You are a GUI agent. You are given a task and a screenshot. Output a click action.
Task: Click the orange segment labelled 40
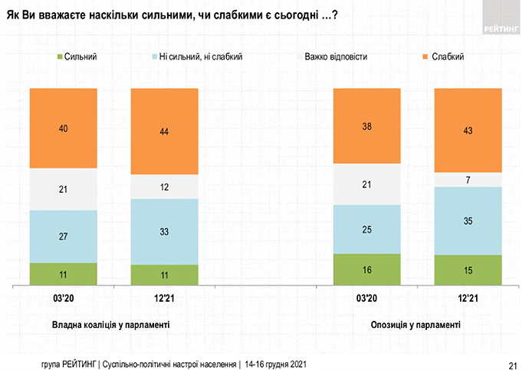64,128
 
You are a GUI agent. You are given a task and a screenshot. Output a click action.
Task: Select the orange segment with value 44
165,131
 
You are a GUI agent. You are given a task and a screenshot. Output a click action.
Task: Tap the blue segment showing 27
64,236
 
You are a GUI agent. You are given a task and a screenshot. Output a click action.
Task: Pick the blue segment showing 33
165,231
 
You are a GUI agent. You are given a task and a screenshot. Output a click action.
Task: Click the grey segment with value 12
165,187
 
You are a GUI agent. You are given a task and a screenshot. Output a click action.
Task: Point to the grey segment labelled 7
468,180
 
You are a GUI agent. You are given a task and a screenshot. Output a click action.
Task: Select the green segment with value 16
366,269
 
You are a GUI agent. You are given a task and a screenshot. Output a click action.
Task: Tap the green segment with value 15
468,270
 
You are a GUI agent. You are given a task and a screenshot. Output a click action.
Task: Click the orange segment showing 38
366,127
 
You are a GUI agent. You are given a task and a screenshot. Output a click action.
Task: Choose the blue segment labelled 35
468,220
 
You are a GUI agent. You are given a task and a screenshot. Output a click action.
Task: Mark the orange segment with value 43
468,130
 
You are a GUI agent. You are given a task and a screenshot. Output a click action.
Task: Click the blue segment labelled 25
366,229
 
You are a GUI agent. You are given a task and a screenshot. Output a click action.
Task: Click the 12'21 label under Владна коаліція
165,298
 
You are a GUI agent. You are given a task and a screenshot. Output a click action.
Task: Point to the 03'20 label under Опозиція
366,298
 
